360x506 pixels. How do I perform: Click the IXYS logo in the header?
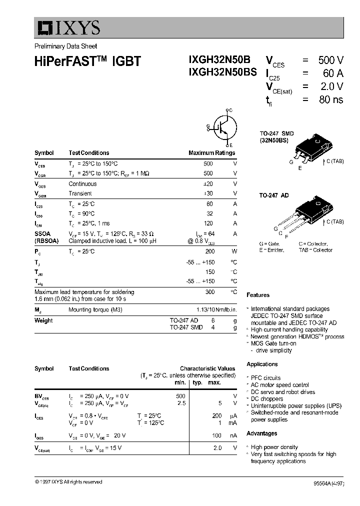[x=68, y=28]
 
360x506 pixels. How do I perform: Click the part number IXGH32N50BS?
[x=222, y=72]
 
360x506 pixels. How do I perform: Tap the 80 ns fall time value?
[x=331, y=99]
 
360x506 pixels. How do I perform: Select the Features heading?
[x=258, y=295]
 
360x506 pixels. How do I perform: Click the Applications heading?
[x=262, y=364]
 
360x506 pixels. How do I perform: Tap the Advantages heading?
[x=261, y=433]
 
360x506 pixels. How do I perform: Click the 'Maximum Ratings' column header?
[x=211, y=153]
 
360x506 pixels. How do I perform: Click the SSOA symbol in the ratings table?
[x=42, y=233]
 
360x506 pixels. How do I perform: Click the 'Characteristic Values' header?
[x=207, y=368]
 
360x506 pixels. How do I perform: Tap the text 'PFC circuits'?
[x=265, y=378]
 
